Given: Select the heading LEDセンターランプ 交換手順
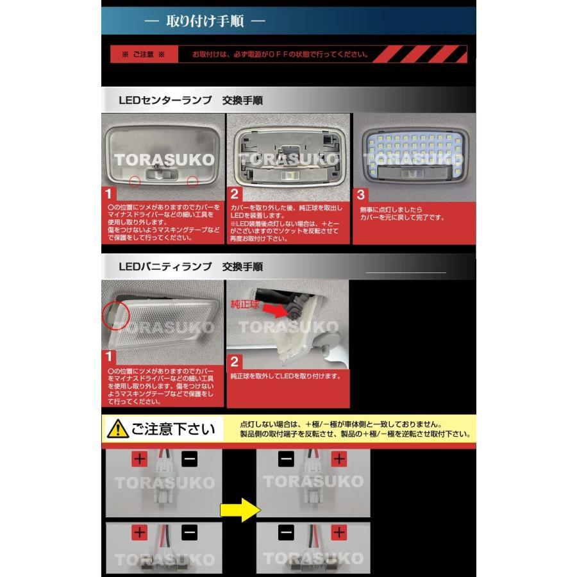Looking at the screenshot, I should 190,101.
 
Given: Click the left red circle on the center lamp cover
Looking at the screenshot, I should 135,181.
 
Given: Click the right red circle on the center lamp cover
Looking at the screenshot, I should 192,182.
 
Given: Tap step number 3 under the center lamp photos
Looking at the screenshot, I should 360,194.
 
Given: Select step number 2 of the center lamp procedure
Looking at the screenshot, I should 235,194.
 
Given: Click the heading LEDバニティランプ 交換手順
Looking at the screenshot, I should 190,266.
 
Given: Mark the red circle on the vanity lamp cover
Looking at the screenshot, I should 115,316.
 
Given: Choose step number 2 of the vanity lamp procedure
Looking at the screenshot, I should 235,360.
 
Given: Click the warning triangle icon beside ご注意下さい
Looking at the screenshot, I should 117,429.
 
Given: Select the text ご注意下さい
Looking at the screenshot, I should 172,429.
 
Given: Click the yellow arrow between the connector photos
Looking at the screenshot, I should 239,510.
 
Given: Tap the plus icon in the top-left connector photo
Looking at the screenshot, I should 140,459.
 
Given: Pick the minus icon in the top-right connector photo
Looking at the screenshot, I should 287,459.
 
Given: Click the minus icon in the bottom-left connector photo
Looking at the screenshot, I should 189,532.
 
